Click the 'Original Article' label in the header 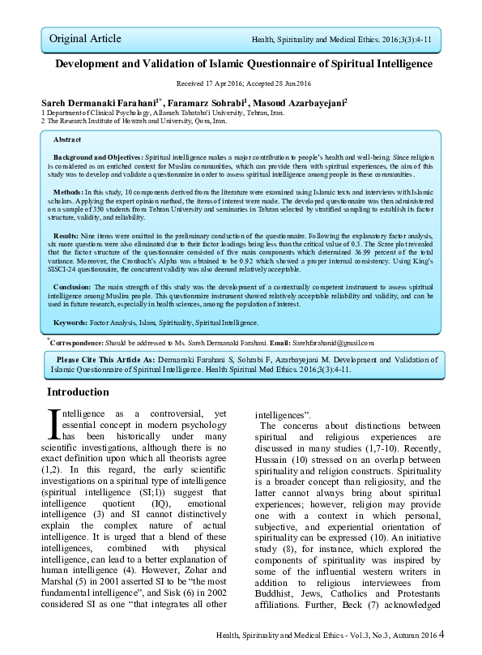[x=85, y=38]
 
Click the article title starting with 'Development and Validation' [x=243, y=63]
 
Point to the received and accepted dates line [x=242, y=84]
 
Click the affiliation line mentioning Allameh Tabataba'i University [x=163, y=113]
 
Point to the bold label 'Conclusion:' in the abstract [x=75, y=287]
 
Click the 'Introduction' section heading [x=78, y=392]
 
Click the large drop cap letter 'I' [x=55, y=423]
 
